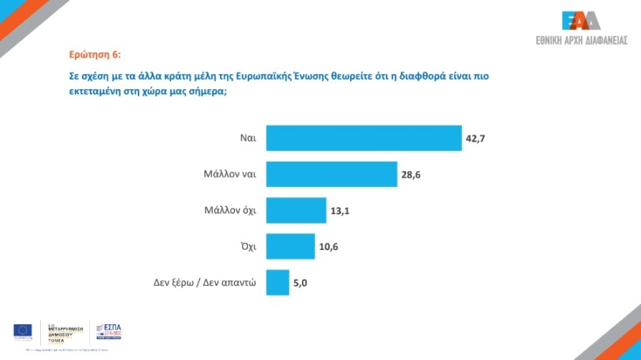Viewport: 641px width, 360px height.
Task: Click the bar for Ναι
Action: coord(363,138)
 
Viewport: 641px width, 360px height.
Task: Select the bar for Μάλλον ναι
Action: coord(331,174)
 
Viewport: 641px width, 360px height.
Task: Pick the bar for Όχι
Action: coord(290,246)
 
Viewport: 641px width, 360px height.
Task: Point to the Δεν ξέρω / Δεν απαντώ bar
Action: coord(277,282)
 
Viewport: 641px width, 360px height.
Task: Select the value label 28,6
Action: coord(411,175)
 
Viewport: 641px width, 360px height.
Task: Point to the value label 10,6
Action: coord(329,246)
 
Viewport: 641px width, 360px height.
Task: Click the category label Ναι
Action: coord(247,138)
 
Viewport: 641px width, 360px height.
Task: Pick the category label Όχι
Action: coord(246,246)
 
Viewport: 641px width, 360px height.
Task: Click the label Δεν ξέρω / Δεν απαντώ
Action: coord(203,282)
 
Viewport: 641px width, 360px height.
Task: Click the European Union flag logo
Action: coord(23,330)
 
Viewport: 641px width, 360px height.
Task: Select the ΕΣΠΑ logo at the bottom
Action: coord(107,330)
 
